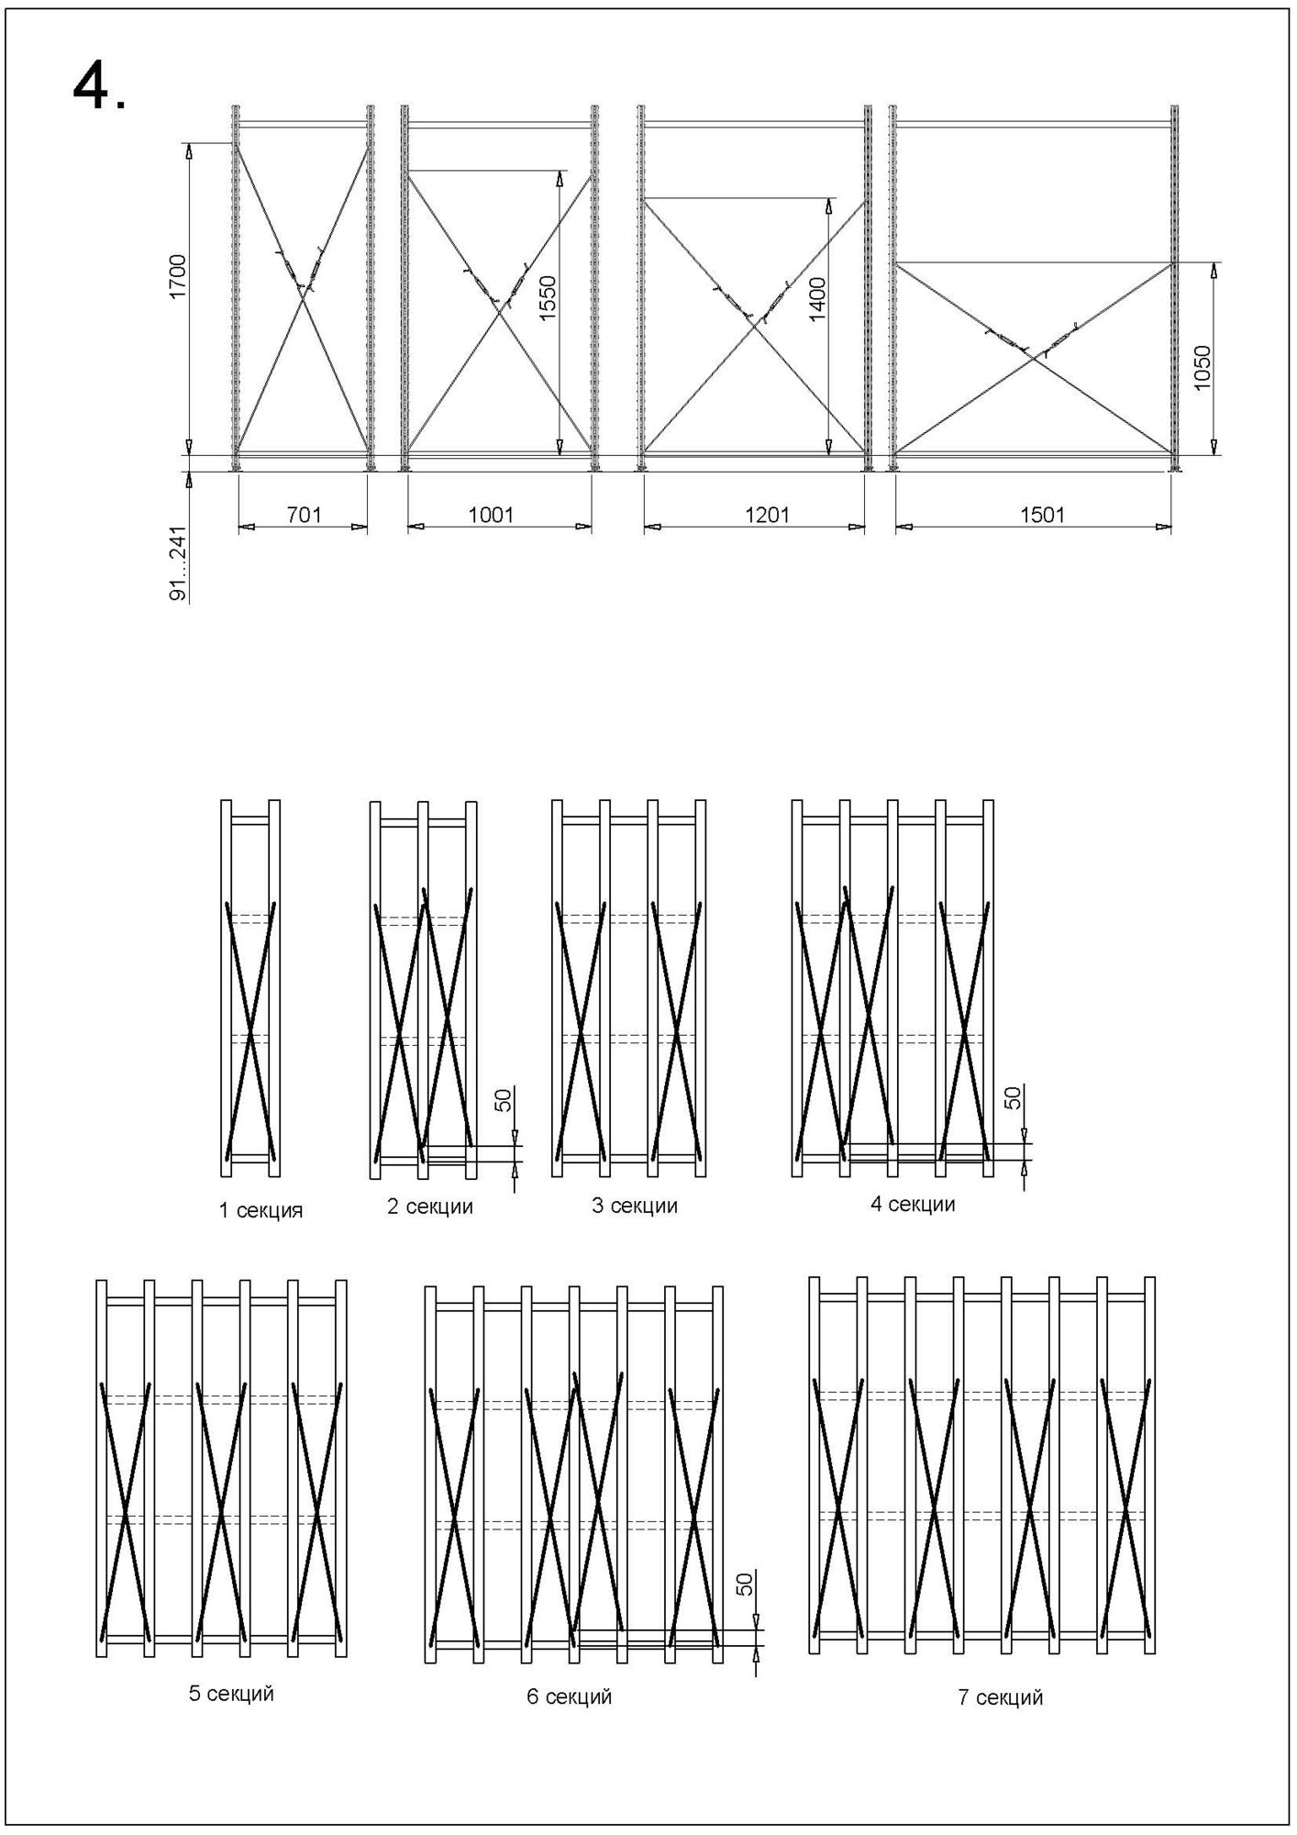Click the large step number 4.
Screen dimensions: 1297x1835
(99, 89)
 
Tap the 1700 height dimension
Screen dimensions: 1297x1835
(178, 275)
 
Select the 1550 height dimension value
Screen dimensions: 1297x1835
(548, 297)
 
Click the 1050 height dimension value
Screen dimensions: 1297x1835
(1203, 367)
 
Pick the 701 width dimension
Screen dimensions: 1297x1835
(305, 515)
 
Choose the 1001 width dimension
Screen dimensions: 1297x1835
(492, 515)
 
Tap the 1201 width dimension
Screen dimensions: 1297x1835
(767, 515)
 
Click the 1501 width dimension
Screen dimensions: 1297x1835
(1043, 515)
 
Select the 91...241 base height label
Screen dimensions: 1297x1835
(179, 563)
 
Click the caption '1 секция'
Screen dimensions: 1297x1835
(261, 1210)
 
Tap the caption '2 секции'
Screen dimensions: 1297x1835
(430, 1207)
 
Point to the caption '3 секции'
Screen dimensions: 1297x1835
(635, 1206)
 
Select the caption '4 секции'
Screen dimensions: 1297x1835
(913, 1204)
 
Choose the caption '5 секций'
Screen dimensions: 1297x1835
(231, 1694)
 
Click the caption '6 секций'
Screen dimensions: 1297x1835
(569, 1696)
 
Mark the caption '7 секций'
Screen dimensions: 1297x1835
(1001, 1697)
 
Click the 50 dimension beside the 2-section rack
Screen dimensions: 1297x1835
(504, 1099)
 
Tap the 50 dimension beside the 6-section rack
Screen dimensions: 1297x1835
(745, 1584)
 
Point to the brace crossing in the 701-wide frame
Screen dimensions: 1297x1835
(302, 294)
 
